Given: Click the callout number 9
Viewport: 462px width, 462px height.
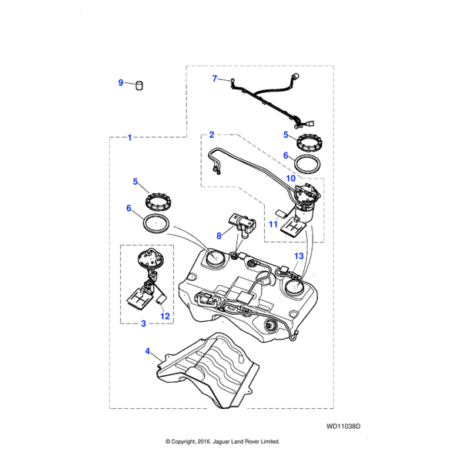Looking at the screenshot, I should click(x=120, y=83).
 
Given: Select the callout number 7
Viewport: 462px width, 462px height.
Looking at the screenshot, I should click(x=215, y=78).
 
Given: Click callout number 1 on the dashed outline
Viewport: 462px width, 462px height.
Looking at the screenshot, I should click(x=129, y=137).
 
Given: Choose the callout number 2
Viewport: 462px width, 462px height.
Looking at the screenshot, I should click(x=211, y=135).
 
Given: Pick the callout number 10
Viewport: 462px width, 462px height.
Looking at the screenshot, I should click(x=291, y=179).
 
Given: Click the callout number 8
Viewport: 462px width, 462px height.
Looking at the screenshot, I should click(x=219, y=236).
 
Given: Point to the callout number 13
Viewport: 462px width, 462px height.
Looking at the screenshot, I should click(x=299, y=256).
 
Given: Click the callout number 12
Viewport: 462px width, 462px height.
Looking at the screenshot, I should click(x=164, y=316).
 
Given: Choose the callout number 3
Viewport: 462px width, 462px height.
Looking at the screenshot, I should click(x=143, y=323).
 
